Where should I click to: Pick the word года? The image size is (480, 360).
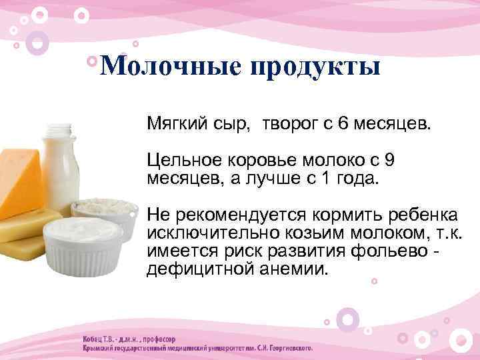[357, 178]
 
